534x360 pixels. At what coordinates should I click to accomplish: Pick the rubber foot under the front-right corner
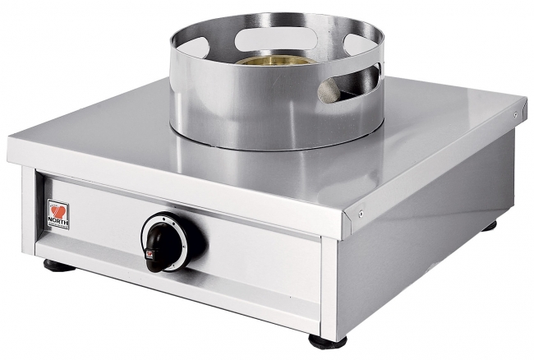(327, 340)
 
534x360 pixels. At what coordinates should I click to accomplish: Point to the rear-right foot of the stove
(490, 224)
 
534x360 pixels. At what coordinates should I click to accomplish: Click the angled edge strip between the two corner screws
(440, 160)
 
